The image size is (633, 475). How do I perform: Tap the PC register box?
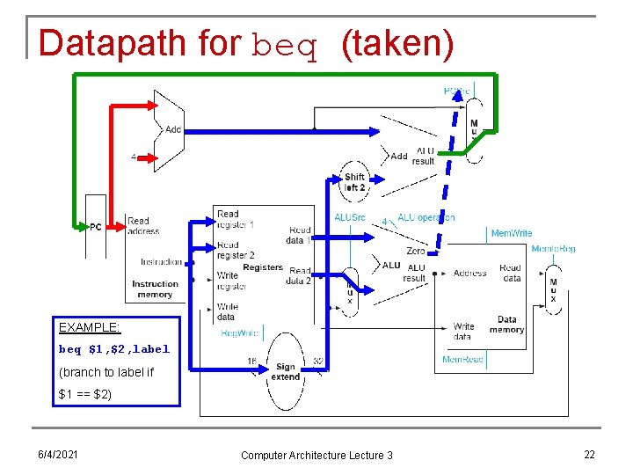click(96, 226)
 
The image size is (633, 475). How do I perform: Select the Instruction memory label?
click(155, 289)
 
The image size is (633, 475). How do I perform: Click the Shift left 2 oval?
click(354, 182)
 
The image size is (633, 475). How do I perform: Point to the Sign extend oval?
click(285, 371)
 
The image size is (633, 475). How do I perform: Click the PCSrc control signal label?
click(457, 91)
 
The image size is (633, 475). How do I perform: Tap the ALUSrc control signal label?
click(350, 217)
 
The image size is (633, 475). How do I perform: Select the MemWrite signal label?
click(511, 233)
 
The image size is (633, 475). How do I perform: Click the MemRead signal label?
click(462, 360)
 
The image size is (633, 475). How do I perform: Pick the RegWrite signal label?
click(239, 333)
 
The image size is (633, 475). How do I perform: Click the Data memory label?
click(506, 325)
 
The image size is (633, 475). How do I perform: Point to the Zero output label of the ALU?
click(415, 251)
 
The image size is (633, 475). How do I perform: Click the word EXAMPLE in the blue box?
click(89, 327)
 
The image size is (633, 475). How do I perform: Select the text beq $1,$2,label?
click(113, 349)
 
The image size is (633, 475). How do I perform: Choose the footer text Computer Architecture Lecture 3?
click(316, 455)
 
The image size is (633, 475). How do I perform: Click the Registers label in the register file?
click(262, 267)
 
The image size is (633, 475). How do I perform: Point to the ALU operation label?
click(426, 217)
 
